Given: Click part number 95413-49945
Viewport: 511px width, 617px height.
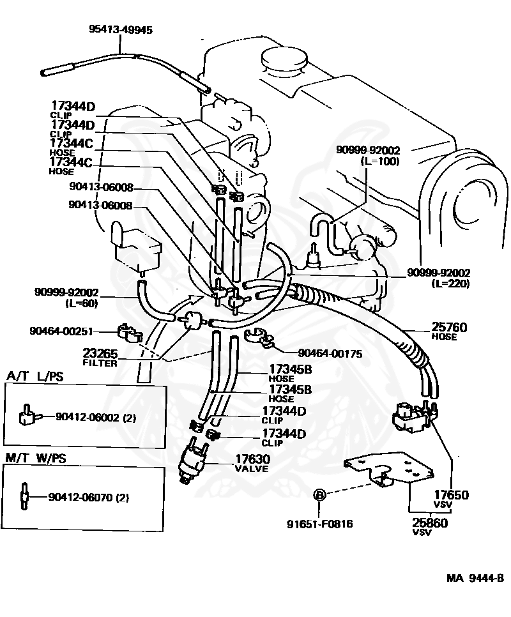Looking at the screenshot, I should click(121, 29).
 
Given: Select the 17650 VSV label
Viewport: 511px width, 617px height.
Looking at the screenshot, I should click(451, 498).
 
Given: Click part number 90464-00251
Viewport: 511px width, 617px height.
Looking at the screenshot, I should click(61, 331).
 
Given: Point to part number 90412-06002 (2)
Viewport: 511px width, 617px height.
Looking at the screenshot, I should click(100, 417).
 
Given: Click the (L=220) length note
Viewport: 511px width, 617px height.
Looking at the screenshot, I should click(451, 283).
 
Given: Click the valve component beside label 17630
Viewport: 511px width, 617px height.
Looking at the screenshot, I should click(194, 458).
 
